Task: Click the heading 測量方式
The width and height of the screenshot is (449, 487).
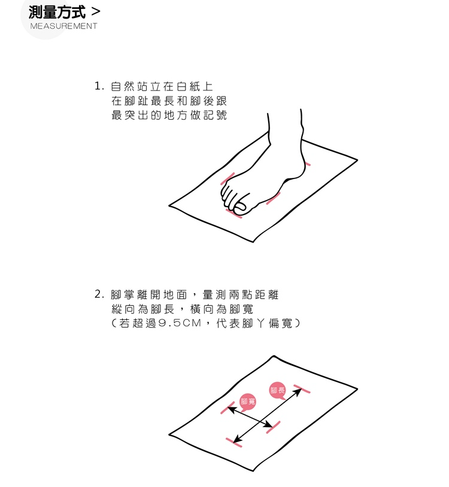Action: click(x=57, y=13)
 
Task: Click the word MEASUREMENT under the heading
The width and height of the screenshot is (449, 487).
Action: click(x=63, y=26)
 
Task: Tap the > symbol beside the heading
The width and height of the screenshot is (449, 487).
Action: click(x=96, y=12)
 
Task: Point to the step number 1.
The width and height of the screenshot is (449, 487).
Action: click(x=99, y=86)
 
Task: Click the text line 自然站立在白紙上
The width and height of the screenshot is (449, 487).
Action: click(x=162, y=86)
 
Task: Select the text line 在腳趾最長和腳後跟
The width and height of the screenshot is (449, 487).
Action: click(x=169, y=101)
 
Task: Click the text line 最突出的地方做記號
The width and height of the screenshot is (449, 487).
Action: click(x=169, y=115)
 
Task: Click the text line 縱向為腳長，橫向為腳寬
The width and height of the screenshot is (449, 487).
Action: click(x=182, y=309)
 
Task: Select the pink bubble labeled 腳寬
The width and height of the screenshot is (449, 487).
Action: click(x=248, y=402)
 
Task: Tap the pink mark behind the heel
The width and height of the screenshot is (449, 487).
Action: click(x=307, y=164)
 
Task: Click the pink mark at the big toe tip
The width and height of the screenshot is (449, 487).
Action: click(x=233, y=213)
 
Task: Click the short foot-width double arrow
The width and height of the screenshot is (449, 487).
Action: click(x=251, y=417)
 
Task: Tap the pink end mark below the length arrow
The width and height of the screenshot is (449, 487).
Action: click(x=234, y=442)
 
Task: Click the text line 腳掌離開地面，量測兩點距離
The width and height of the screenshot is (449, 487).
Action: click(x=195, y=295)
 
